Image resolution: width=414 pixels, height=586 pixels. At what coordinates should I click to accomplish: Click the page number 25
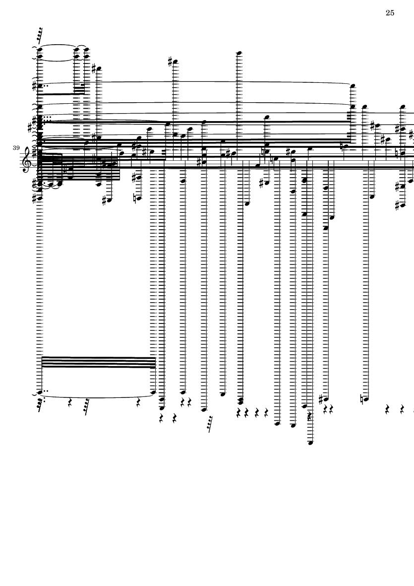click(x=390, y=13)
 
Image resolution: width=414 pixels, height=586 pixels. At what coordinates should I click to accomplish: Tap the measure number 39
click(x=16, y=148)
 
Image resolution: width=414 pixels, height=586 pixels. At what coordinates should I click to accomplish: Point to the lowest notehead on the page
click(x=310, y=443)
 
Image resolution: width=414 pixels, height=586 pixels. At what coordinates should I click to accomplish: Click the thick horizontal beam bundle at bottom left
click(x=98, y=362)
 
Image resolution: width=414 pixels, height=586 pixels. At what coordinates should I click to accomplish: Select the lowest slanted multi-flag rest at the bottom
click(x=210, y=424)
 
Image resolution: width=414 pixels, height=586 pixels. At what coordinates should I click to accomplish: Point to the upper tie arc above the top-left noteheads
click(x=59, y=46)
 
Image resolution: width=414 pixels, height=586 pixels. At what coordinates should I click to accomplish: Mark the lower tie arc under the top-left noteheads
click(x=59, y=60)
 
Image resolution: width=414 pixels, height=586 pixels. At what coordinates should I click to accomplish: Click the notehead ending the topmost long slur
click(x=353, y=85)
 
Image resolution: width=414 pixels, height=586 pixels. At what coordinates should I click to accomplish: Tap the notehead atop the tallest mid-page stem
click(x=239, y=53)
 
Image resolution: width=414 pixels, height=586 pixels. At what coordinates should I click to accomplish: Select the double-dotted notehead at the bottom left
click(x=40, y=392)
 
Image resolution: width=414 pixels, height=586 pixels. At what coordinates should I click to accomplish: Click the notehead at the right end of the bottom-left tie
click(x=153, y=392)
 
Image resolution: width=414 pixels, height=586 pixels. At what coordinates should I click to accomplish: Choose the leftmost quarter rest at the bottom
click(x=70, y=402)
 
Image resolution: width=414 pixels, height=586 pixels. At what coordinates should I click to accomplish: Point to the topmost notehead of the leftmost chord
click(x=40, y=49)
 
